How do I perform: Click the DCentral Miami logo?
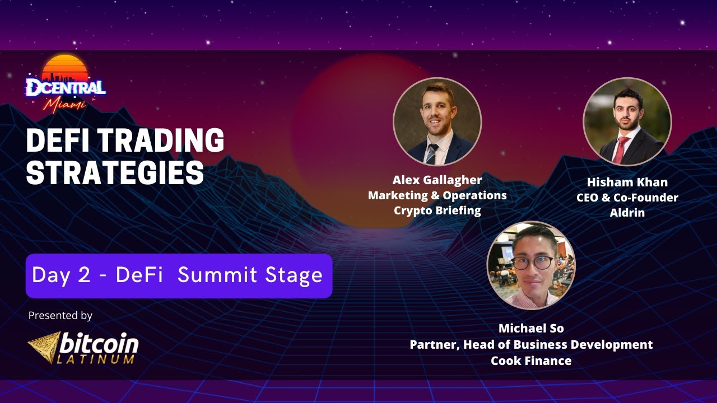coord(66,85)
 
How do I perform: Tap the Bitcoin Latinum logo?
coord(83,346)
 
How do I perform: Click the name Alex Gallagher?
coord(437,180)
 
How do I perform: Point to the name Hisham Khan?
coord(627,182)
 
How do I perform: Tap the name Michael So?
coord(531,328)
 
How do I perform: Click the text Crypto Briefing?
coord(437,210)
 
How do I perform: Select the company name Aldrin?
coord(627,213)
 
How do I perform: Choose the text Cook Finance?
coord(531,360)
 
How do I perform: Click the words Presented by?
coord(60,315)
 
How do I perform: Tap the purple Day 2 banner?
coord(179,275)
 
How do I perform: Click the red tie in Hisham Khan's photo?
coord(620,149)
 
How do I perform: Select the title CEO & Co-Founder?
coord(627,198)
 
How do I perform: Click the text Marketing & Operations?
coord(437,195)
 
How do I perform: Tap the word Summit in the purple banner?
coord(216,275)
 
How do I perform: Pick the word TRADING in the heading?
coord(162,140)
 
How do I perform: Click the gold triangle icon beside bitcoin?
coord(45,346)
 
